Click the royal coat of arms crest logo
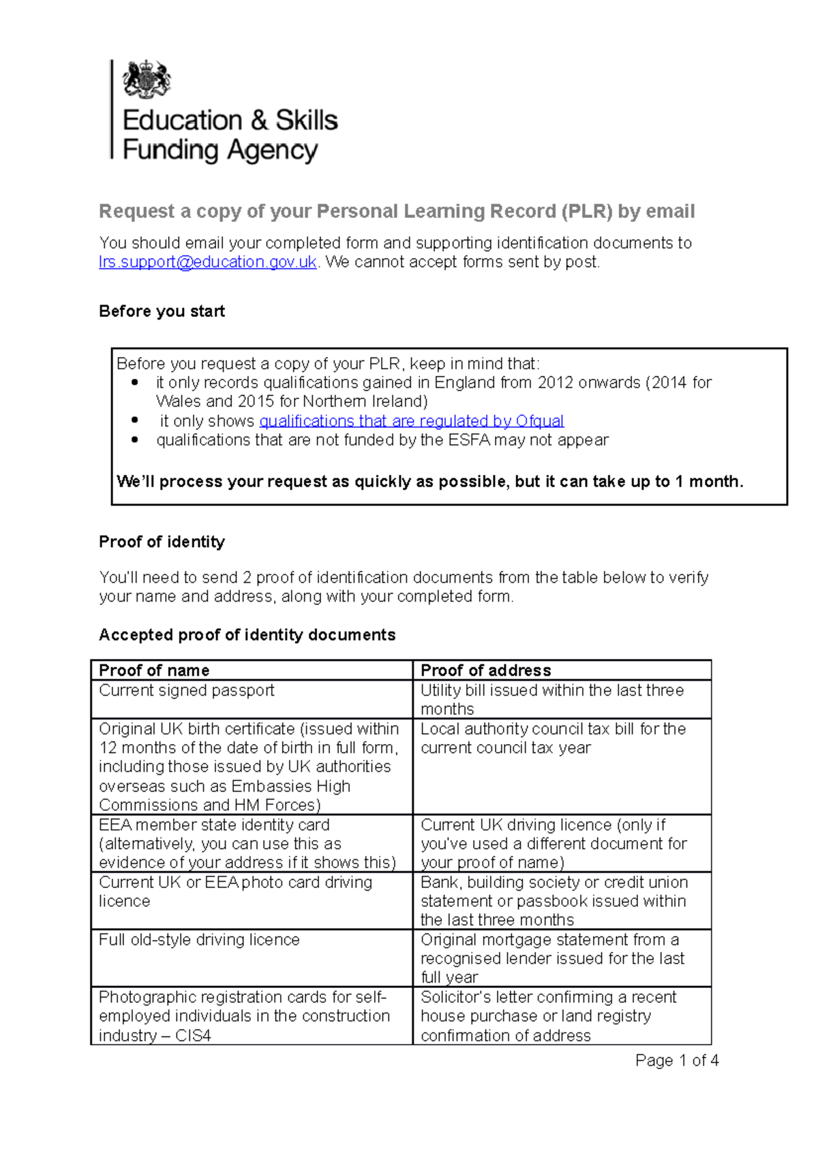pyautogui.click(x=146, y=80)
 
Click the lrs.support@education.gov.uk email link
pyautogui.click(x=208, y=262)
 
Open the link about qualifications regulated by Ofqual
pyautogui.click(x=411, y=421)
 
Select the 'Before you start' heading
pyautogui.click(x=162, y=311)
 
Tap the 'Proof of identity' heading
pyautogui.click(x=162, y=542)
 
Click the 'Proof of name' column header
pyautogui.click(x=154, y=670)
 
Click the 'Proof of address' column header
pyautogui.click(x=485, y=670)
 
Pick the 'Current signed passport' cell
pyautogui.click(x=186, y=690)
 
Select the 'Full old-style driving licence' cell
pyautogui.click(x=199, y=940)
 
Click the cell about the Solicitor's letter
pyautogui.click(x=548, y=1016)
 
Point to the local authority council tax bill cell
pyautogui.click(x=553, y=739)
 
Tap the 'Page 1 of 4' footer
pyautogui.click(x=676, y=1060)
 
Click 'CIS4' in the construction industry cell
pyautogui.click(x=193, y=1036)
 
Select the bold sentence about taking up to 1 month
pyautogui.click(x=429, y=482)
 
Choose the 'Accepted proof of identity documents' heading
pyautogui.click(x=247, y=635)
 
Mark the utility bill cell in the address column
pyautogui.click(x=551, y=699)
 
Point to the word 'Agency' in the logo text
pyautogui.click(x=273, y=150)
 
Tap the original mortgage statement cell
pyautogui.click(x=551, y=958)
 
